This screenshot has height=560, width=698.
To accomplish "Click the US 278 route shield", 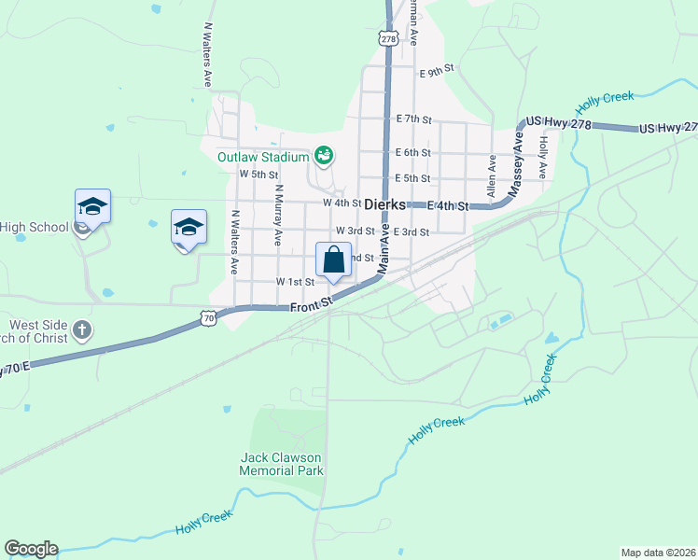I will click(x=389, y=38).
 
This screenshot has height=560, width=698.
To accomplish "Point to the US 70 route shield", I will click(x=208, y=319).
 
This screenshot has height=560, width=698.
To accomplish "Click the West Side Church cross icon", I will click(x=82, y=329).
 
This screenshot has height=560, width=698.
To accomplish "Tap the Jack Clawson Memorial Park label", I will click(x=281, y=464).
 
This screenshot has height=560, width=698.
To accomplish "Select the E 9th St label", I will click(x=436, y=71).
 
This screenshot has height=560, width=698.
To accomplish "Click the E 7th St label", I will click(x=413, y=119).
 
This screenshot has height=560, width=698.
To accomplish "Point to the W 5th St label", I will click(x=259, y=175).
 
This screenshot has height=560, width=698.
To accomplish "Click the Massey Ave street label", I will click(x=516, y=164).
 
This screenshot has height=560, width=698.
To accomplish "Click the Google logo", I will click(x=31, y=549).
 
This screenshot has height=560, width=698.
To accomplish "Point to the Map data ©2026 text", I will click(x=658, y=553).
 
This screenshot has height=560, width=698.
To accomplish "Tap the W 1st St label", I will click(x=295, y=282).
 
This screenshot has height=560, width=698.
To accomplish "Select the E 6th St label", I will click(x=413, y=153).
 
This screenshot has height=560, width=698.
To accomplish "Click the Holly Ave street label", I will click(x=542, y=159).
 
